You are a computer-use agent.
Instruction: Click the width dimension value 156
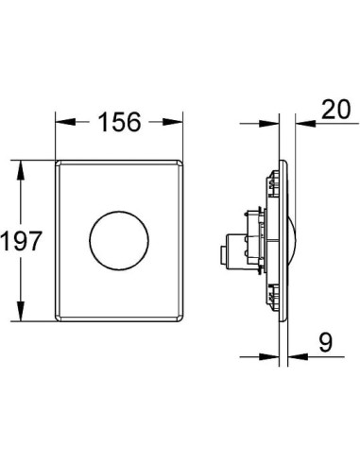tap(117, 122)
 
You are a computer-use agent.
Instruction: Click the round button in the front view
tap(117, 241)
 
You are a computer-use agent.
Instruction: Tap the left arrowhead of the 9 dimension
tap(275, 357)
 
